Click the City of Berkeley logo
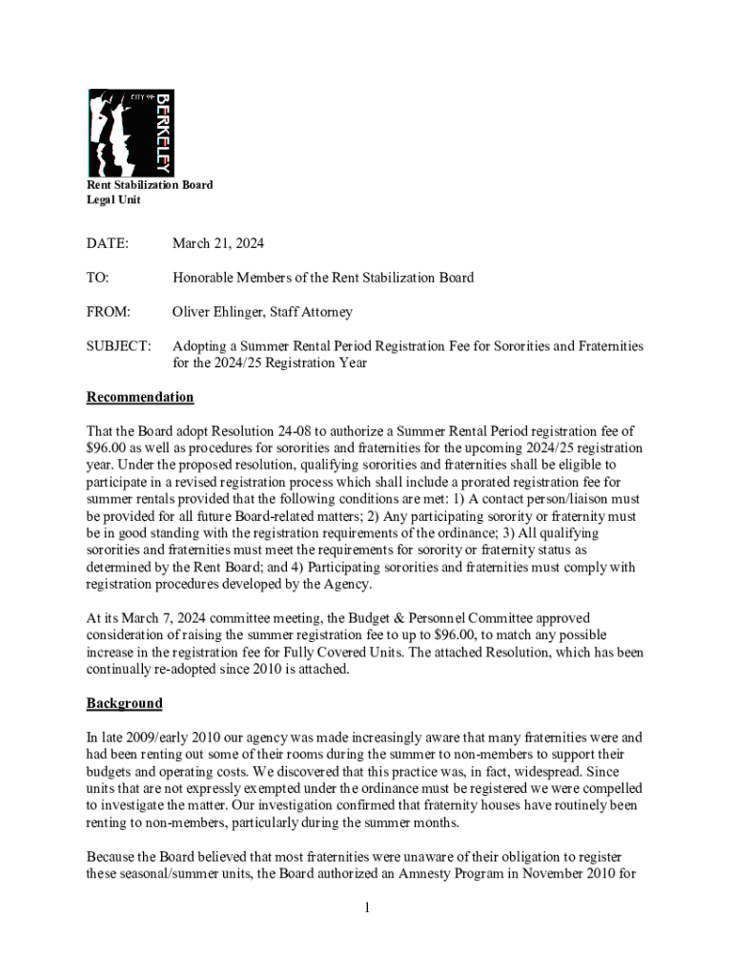click(131, 133)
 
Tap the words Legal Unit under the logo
click(113, 199)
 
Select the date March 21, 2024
click(218, 243)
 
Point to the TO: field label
click(98, 278)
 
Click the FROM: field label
click(108, 311)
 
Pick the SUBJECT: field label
click(118, 345)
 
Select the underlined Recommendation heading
click(140, 397)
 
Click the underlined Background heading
click(125, 703)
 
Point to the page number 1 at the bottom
click(366, 906)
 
